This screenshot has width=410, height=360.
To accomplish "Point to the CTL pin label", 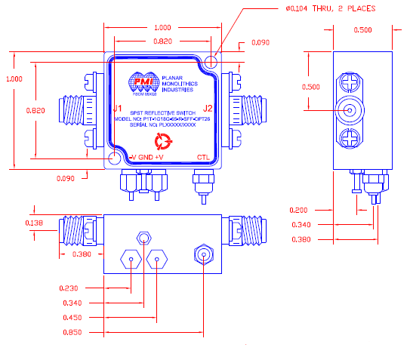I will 203,157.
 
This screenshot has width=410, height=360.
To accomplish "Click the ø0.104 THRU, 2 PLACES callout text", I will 329,9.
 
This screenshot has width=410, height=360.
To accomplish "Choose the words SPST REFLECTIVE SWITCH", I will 161,112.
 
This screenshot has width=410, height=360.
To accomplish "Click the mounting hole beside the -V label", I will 114,158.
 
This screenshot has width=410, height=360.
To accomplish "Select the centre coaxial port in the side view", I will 350,109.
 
